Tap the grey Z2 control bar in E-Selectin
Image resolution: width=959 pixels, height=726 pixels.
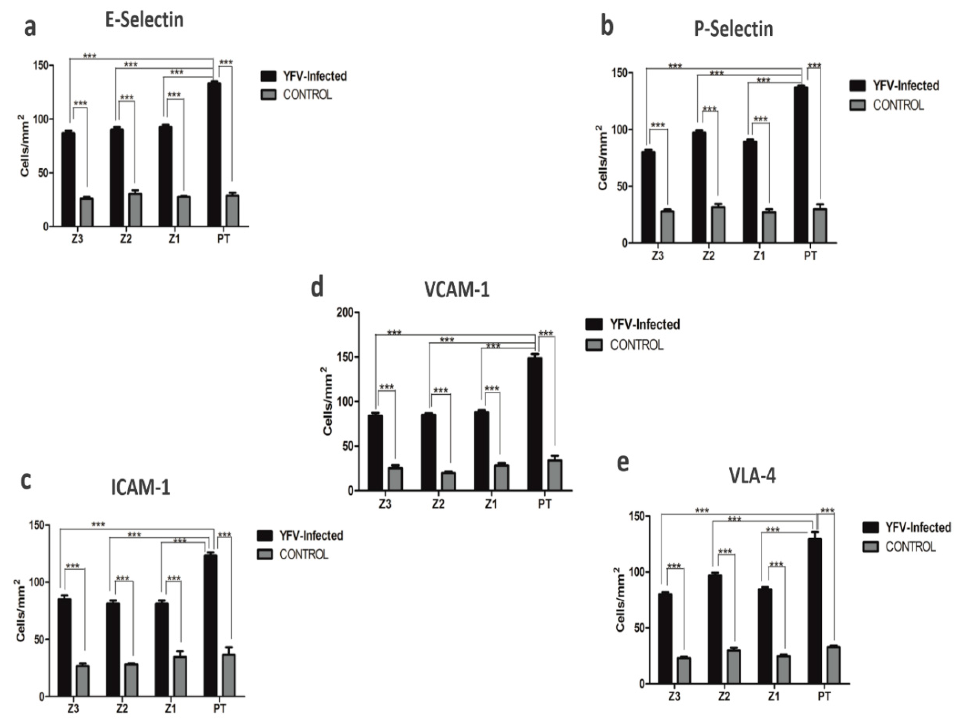(135, 209)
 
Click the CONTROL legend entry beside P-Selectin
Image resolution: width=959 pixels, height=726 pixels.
(898, 105)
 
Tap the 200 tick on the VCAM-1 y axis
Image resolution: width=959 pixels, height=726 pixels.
(345, 312)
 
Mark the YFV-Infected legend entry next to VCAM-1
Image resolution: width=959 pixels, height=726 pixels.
(645, 325)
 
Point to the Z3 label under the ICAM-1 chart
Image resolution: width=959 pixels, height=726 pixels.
(73, 709)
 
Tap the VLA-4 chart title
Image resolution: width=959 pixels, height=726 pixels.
(753, 476)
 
